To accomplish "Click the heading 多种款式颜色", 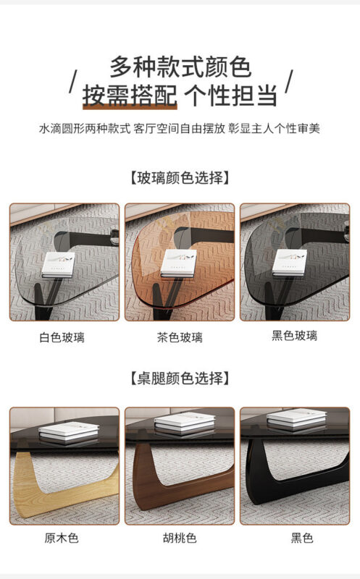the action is click(180, 67).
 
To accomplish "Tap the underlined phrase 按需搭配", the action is click(130, 96).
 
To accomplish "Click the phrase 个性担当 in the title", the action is click(230, 96).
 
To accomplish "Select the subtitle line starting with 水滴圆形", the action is click(180, 129).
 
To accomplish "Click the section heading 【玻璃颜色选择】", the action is click(180, 177).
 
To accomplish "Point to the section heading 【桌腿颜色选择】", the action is click(180, 378).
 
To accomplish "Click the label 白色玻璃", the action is click(62, 337).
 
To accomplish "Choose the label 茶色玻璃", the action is click(180, 337).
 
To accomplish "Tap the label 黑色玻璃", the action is click(295, 335).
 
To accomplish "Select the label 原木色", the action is click(62, 538).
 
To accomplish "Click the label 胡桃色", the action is click(180, 538).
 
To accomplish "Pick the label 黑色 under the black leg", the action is click(302, 538).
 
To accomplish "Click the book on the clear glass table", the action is click(59, 265).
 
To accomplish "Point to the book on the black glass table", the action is click(290, 263).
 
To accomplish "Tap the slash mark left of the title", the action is click(73, 81).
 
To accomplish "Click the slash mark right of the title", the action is click(289, 81).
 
